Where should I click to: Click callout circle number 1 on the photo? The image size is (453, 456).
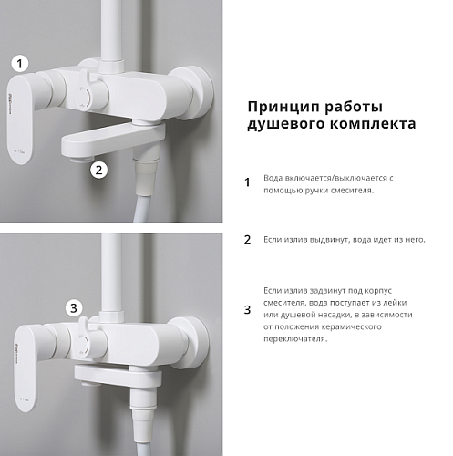coord(20,64)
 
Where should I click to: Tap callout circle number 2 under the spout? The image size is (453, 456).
coord(98,170)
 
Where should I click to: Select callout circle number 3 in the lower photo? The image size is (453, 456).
coord(74,308)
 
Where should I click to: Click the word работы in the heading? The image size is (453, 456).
coord(354,108)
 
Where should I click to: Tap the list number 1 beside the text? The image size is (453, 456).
coord(247,182)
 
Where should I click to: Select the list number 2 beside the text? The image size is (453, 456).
coord(247,240)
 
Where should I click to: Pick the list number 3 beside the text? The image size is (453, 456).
coord(247,310)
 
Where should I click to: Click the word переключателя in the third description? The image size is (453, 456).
coord(295,339)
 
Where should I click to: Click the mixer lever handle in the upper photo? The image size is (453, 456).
coord(21,119)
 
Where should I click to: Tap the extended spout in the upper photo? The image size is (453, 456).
coord(113,140)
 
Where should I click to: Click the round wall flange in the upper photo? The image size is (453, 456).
coord(194,93)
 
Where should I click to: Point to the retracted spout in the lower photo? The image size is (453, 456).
coord(118,376)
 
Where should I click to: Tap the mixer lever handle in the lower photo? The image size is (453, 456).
coord(26,368)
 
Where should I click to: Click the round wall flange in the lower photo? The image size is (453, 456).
coord(191,343)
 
